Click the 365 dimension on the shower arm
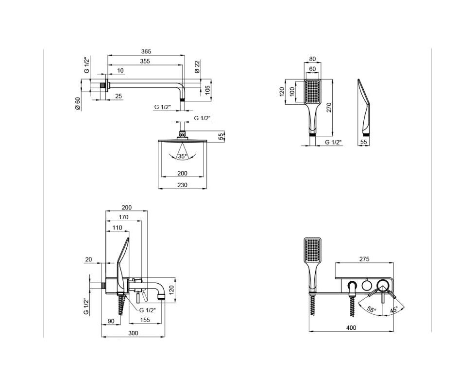click(x=146, y=51)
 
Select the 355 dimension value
click(x=145, y=61)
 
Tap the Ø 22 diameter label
click(x=197, y=66)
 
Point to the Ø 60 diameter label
click(x=78, y=104)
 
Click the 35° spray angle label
click(x=182, y=156)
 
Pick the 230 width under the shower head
click(x=182, y=185)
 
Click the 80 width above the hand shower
click(x=312, y=59)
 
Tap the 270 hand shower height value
click(x=330, y=107)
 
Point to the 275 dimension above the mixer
click(x=364, y=259)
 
